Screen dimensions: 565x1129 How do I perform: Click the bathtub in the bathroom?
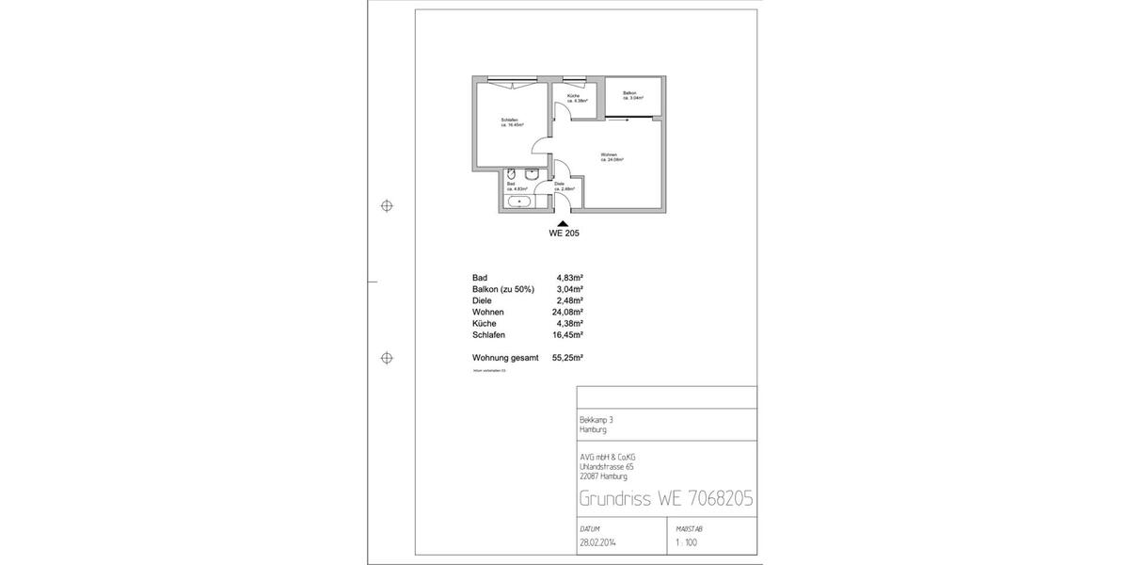(518, 202)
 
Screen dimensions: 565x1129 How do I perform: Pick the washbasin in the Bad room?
(531, 175)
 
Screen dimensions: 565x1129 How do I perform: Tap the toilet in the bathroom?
(509, 176)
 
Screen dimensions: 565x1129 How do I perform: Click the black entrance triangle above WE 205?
(564, 221)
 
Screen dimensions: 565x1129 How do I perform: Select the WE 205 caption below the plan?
(564, 233)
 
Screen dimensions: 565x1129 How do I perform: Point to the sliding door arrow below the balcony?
(617, 120)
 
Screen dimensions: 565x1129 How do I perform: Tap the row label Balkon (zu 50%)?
(503, 289)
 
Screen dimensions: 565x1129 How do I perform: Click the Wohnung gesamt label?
(505, 358)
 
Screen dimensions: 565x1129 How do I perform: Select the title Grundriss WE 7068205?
(665, 498)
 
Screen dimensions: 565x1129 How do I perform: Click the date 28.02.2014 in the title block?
(599, 543)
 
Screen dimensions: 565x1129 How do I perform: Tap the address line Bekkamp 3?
(596, 420)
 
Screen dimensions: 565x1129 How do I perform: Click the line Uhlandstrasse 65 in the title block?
(607, 466)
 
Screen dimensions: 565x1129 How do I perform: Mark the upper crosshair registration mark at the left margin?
(386, 206)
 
